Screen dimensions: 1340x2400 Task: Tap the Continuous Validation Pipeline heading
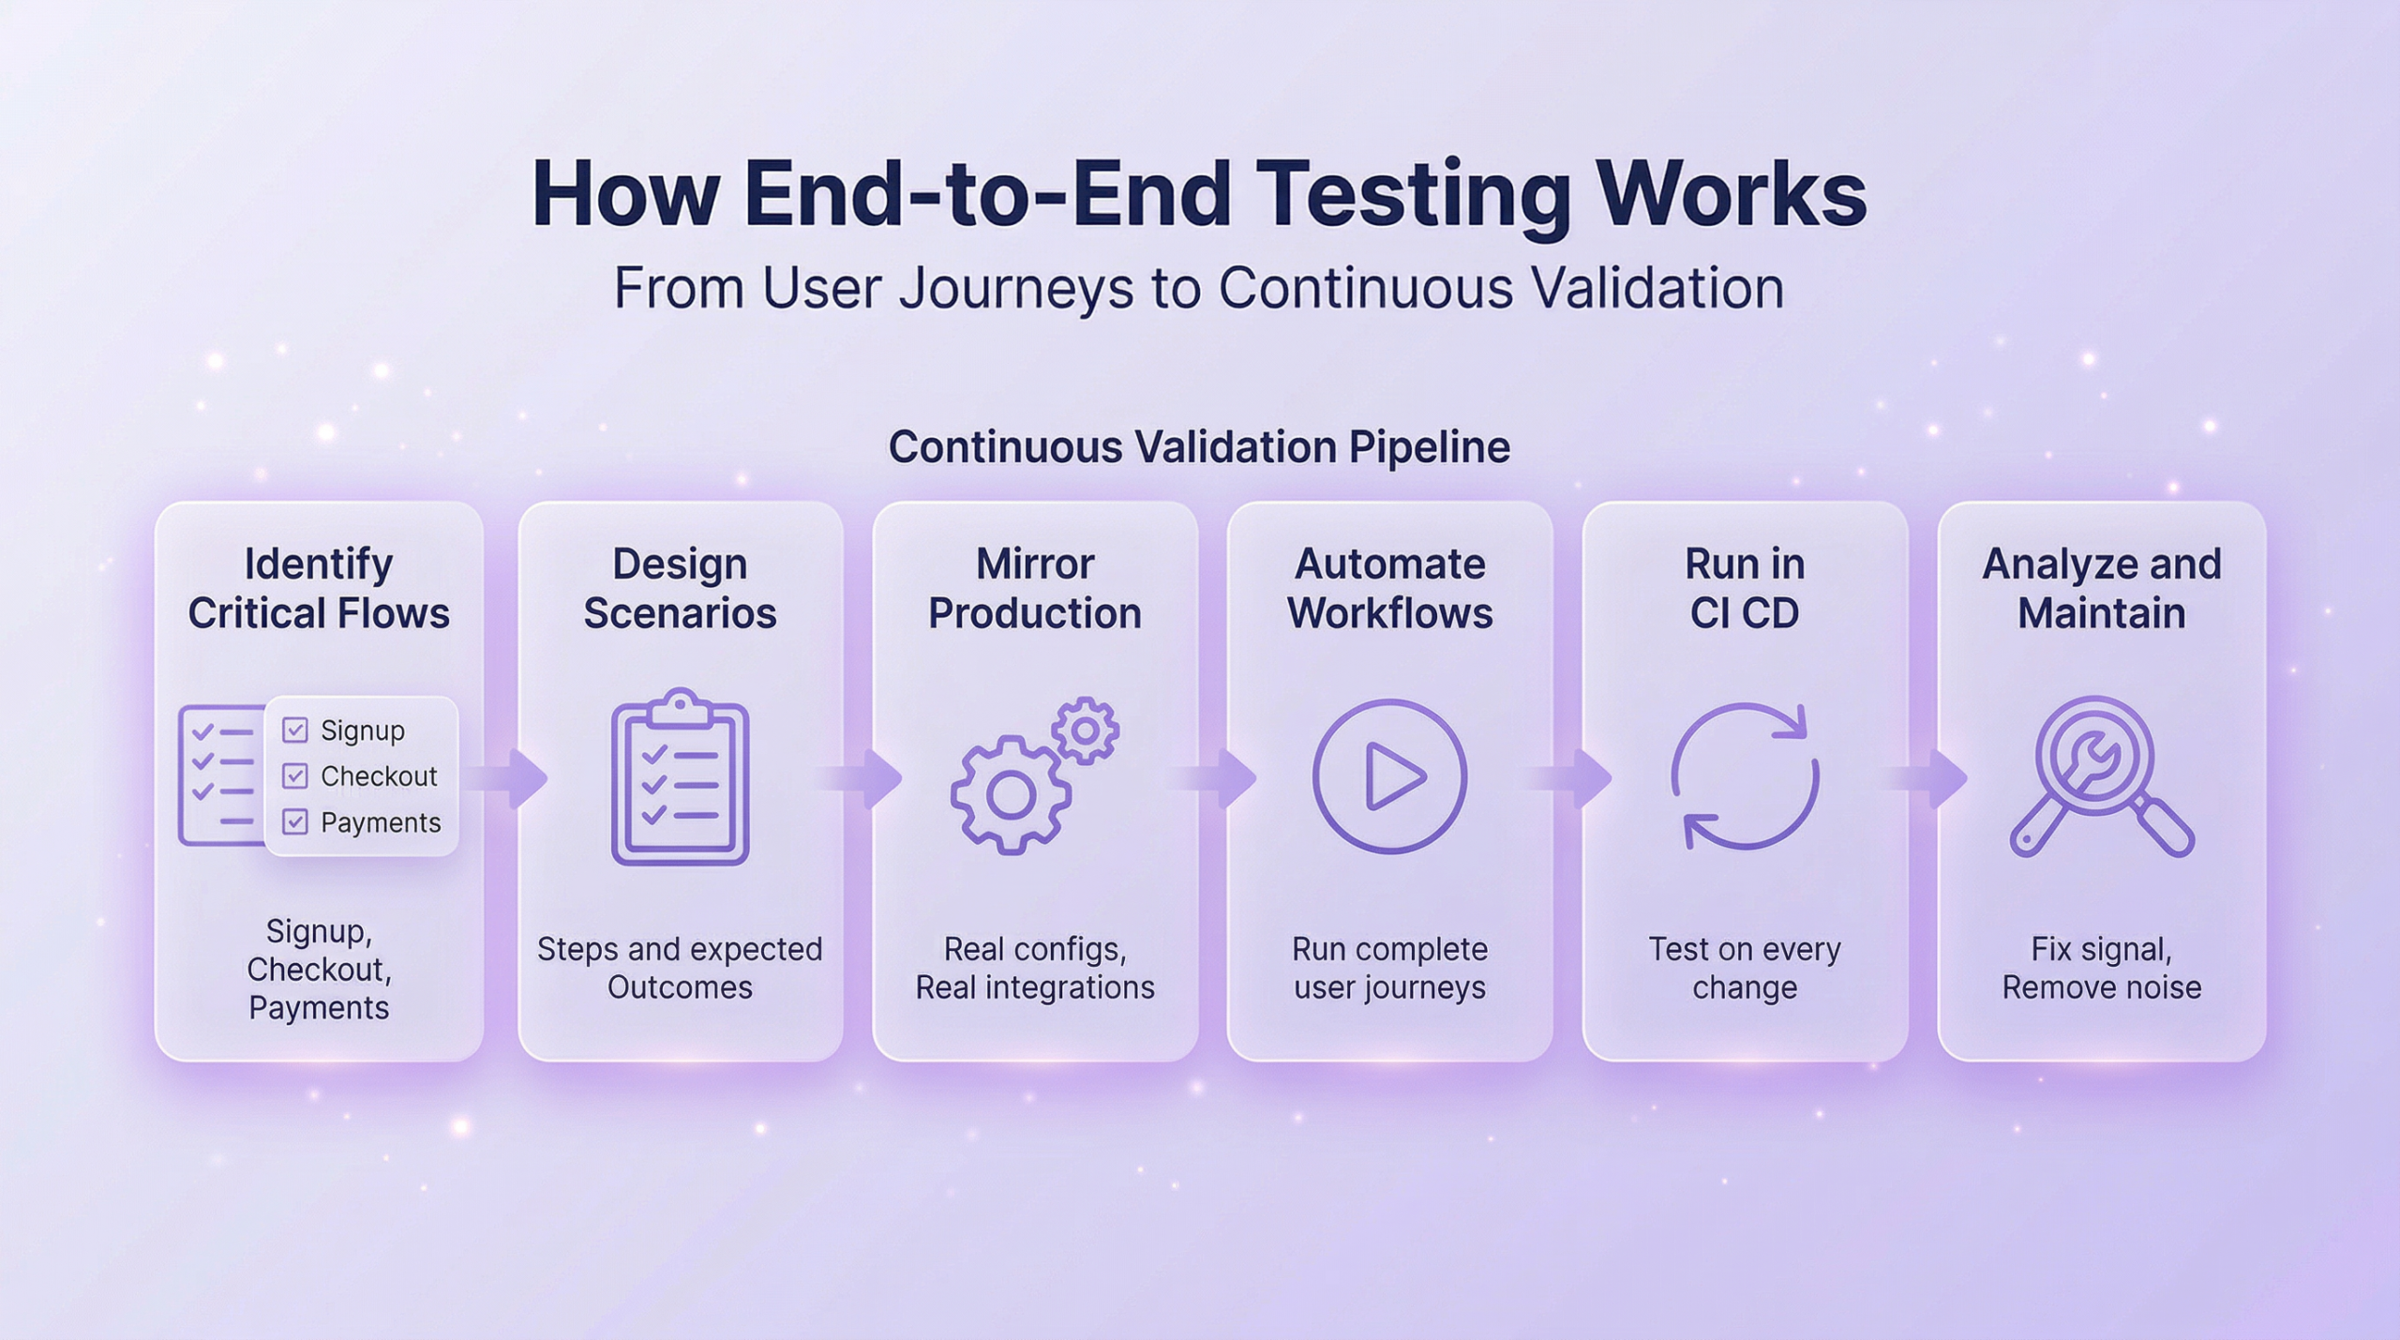tap(1199, 446)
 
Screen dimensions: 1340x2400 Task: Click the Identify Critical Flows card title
tap(319, 588)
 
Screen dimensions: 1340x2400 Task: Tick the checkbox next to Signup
tap(295, 730)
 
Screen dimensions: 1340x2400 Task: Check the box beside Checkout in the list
tap(295, 776)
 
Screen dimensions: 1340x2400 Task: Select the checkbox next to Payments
tap(295, 822)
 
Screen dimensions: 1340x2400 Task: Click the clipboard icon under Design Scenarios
tap(680, 777)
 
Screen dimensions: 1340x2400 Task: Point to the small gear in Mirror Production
tap(1086, 730)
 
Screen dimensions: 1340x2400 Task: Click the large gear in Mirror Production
tap(1011, 796)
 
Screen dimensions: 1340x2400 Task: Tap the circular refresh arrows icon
tap(1745, 777)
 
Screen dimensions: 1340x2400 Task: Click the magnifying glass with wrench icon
tap(2101, 777)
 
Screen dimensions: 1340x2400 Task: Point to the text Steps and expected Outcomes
tap(680, 968)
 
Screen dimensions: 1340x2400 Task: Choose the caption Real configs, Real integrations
tap(1035, 968)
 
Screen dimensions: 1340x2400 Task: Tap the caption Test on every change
tap(1745, 968)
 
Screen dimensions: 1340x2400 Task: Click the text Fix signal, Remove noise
tap(2101, 968)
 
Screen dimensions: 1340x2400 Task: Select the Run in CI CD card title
tap(1745, 588)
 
